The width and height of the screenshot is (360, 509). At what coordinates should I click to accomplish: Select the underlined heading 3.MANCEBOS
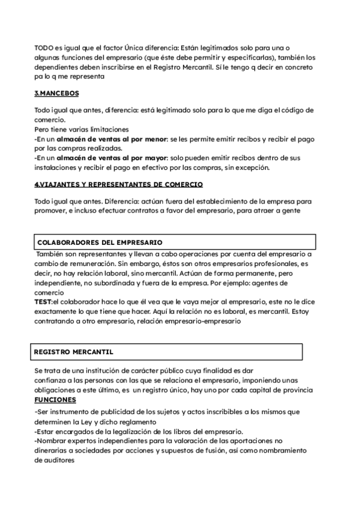tap(56, 94)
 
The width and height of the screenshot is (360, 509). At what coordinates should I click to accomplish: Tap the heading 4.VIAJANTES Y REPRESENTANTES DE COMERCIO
tap(118, 184)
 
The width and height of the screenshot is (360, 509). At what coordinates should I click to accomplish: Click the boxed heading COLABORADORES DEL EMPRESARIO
tap(99, 242)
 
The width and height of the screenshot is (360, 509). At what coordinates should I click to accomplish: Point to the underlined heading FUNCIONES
tap(55, 400)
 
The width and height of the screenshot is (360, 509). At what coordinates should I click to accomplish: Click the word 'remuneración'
tap(88, 264)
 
